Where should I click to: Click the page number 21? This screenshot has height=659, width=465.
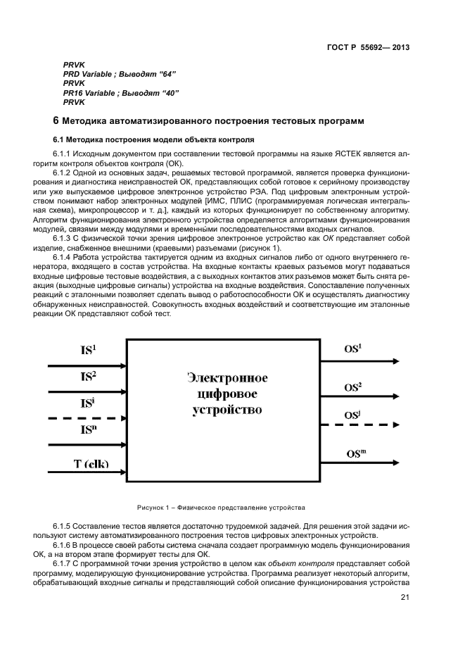(405, 598)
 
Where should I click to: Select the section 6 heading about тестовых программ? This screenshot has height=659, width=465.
(209, 122)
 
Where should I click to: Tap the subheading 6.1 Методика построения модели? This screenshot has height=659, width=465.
(149, 140)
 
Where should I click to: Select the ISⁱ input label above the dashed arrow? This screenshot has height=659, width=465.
(87, 403)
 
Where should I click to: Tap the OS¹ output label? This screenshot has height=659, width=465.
(353, 349)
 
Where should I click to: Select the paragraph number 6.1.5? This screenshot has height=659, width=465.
(63, 526)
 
